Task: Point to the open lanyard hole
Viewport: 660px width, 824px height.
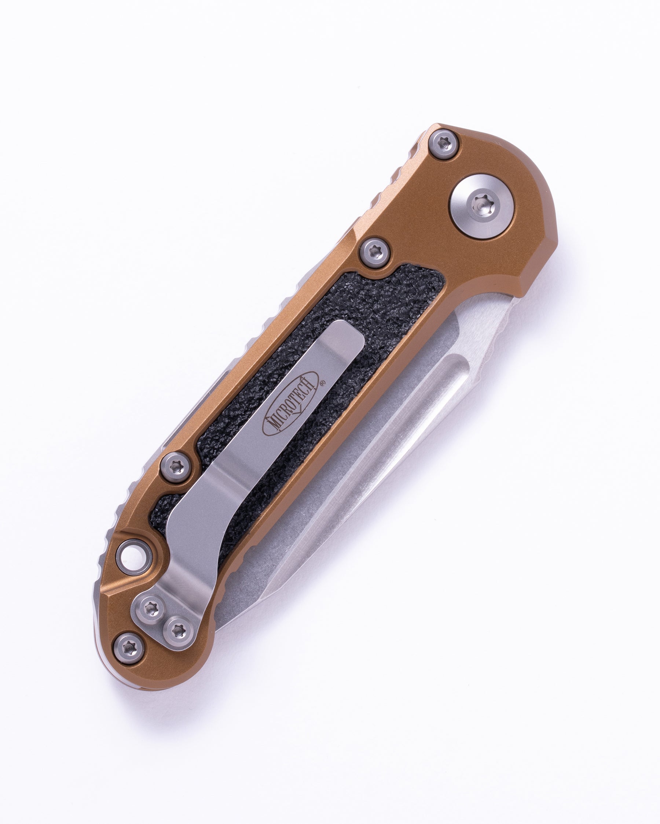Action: point(132,556)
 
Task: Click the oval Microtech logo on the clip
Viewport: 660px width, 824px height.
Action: point(290,403)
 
